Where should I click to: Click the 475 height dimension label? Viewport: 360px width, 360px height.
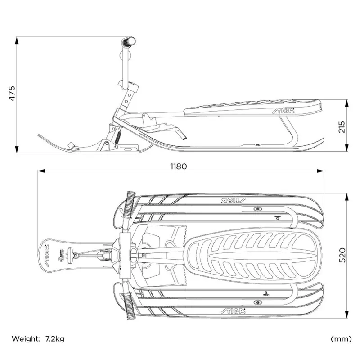point(12,93)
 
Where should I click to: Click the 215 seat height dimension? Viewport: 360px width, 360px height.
point(341,127)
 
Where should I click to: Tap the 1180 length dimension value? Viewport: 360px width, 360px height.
point(178,166)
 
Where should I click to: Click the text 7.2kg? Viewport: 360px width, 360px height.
point(54,338)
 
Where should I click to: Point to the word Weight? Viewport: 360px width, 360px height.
point(25,338)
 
